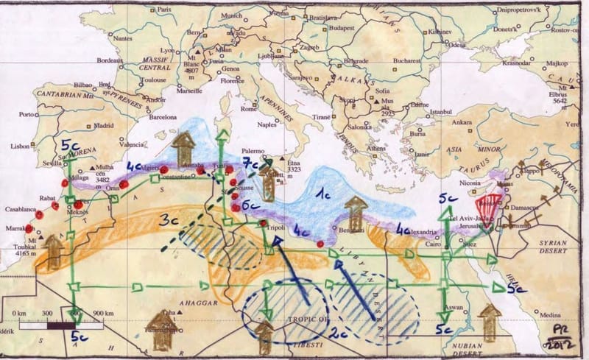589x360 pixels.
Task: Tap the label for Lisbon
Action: click(x=21, y=147)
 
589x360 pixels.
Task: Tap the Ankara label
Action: click(x=462, y=122)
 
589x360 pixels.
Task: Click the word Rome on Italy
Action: click(x=249, y=110)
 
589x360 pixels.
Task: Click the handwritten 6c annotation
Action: click(x=250, y=205)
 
